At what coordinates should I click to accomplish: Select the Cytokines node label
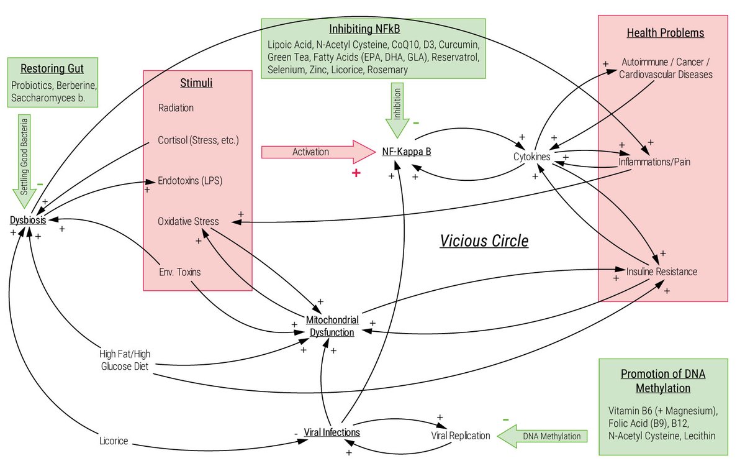coord(531,157)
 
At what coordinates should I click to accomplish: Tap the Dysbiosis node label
coord(27,221)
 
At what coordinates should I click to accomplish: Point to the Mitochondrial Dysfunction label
coord(332,326)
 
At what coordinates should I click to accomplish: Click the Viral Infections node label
coord(332,432)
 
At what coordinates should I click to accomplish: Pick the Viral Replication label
coord(460,436)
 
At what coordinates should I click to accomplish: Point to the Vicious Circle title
coord(484,241)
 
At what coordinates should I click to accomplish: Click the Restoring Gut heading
coord(52,68)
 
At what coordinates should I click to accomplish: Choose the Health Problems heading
coord(665,33)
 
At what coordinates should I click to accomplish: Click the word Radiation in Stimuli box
coord(176,107)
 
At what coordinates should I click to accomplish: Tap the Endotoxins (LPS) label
coord(190,181)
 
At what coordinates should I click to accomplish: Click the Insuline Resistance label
coord(661,272)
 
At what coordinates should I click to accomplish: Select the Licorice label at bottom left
coord(114,441)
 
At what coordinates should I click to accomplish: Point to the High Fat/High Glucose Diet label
coord(125,360)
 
